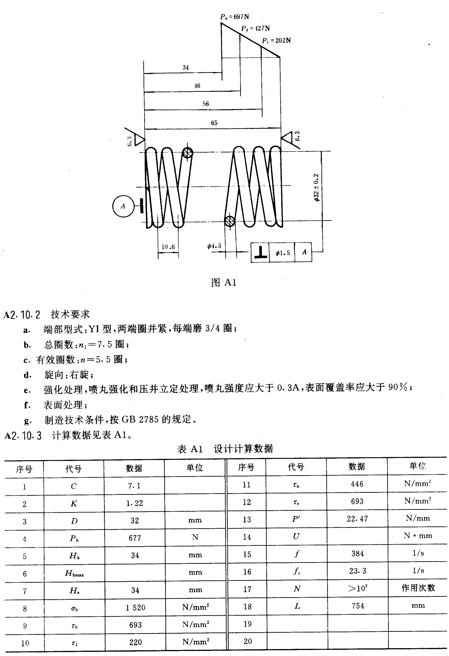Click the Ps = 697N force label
point(235,17)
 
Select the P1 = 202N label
point(276,41)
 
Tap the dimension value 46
point(197,86)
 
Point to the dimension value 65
point(214,123)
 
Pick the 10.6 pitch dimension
point(168,247)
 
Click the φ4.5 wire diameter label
point(215,246)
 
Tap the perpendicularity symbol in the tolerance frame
point(260,252)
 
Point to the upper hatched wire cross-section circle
point(188,153)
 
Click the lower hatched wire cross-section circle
point(230,221)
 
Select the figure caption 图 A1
point(224,282)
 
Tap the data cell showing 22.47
point(357,519)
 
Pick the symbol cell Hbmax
point(74,573)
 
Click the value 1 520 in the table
point(135,607)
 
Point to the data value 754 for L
point(358,606)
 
